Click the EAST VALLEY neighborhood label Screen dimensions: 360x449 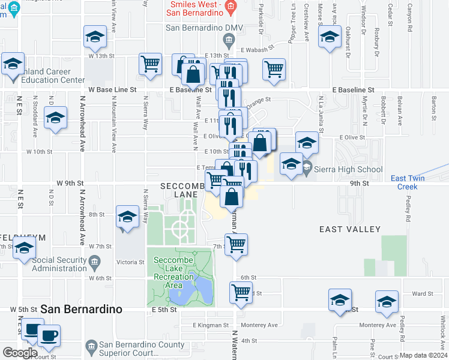[x=350, y=229]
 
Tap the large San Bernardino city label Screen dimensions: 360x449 [x=81, y=310]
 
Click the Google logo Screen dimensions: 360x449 [x=20, y=353]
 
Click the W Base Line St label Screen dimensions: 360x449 [x=112, y=89]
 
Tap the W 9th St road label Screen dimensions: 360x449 [x=70, y=182]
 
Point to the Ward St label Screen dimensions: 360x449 [x=422, y=293]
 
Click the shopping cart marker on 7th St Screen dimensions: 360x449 [x=237, y=244]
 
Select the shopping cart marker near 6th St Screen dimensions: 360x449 [x=241, y=292]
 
